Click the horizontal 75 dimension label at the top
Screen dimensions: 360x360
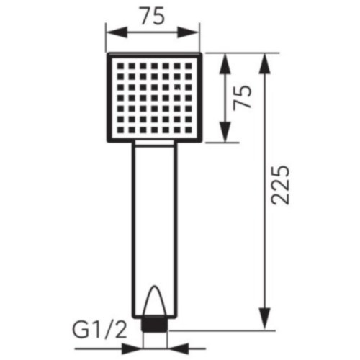[153, 16]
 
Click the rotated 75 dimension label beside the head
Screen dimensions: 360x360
[243, 97]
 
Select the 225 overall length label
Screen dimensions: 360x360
[280, 185]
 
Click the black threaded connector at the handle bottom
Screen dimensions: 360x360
[155, 324]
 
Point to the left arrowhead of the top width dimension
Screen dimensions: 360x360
[117, 32]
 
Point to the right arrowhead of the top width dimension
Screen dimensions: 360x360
[189, 32]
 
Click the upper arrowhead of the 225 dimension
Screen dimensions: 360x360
[265, 63]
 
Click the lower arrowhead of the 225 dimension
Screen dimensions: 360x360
[265, 319]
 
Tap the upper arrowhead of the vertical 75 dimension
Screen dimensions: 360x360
[225, 63]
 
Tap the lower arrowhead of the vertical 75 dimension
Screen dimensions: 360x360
[225, 132]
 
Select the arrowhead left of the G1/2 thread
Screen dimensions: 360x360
[132, 348]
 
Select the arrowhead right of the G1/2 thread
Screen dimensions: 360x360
[178, 348]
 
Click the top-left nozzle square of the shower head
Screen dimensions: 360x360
[120, 66]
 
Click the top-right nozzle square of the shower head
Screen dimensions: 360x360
[189, 66]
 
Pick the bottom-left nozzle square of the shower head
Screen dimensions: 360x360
[120, 130]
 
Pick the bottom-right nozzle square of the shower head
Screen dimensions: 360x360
[189, 130]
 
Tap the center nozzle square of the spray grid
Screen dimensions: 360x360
[155, 98]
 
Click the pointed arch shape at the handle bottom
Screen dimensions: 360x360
[155, 301]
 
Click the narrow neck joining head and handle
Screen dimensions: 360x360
[155, 143]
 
